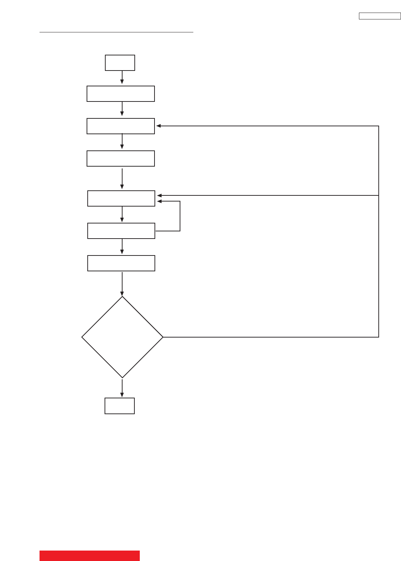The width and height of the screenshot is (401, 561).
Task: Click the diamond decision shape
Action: point(122,337)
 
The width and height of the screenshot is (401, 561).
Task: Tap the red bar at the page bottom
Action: point(89,556)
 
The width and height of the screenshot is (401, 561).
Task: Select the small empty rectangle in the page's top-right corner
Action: point(379,16)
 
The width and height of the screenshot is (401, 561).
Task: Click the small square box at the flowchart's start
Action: point(120,63)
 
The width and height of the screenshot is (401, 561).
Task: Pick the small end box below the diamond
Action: point(120,406)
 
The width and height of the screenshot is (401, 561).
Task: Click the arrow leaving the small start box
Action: point(122,77)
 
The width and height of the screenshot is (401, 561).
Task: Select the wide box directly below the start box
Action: point(121,94)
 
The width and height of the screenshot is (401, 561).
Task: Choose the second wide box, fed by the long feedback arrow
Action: point(121,126)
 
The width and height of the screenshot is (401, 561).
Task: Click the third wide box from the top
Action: point(121,159)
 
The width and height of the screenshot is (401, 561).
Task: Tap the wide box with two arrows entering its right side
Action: point(121,199)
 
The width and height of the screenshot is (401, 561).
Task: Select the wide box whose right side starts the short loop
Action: point(121,231)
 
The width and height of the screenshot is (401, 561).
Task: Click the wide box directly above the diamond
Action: point(121,263)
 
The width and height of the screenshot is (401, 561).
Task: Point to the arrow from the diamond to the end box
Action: point(122,388)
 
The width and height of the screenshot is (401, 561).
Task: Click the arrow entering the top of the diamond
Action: point(122,284)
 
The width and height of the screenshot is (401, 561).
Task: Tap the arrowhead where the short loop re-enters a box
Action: point(159,202)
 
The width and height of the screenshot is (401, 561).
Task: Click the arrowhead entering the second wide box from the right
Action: point(158,126)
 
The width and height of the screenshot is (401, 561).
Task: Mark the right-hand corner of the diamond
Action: point(163,337)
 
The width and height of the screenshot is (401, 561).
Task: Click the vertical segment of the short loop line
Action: point(180,216)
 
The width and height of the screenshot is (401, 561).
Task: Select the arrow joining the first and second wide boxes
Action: point(122,109)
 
